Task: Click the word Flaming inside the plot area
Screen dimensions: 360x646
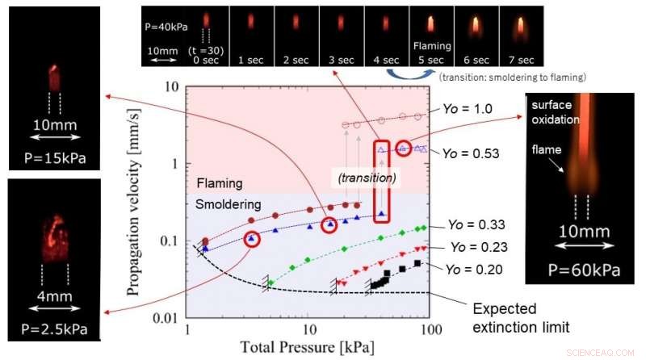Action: coord(219,183)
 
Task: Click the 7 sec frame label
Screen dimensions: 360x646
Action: coord(521,60)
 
